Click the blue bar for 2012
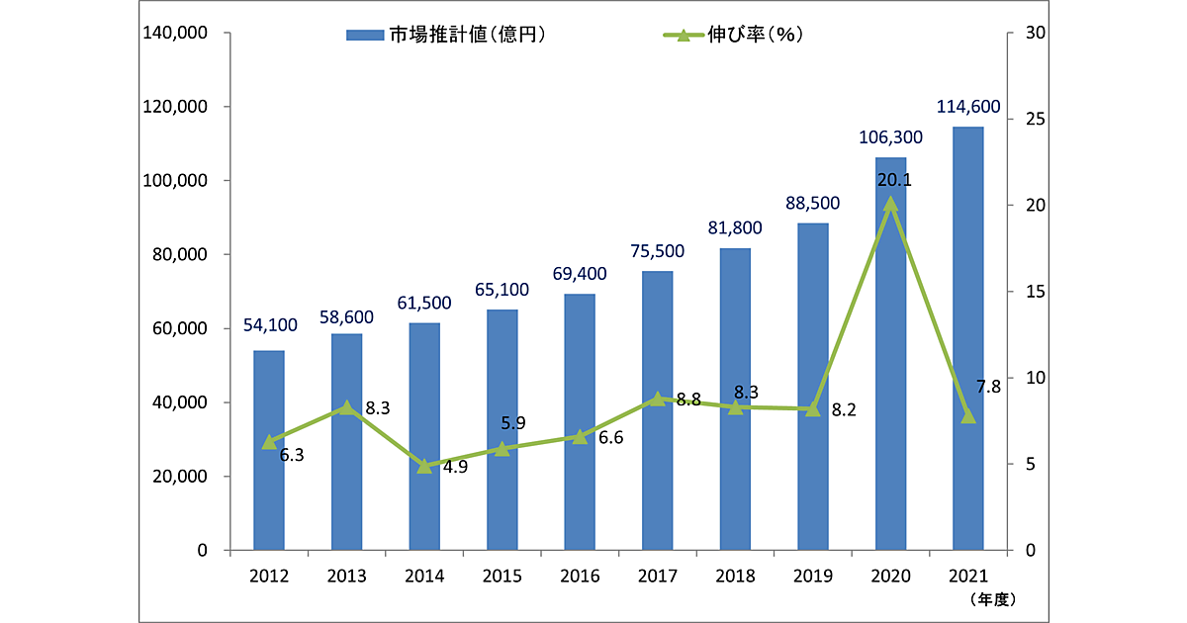tap(269, 450)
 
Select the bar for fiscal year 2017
tap(657, 410)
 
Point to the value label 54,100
tap(269, 327)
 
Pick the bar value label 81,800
tap(733, 227)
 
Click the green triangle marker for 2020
tap(890, 205)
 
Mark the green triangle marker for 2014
tap(424, 466)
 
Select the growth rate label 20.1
tap(893, 180)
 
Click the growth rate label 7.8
tap(989, 387)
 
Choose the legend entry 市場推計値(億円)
tap(446, 35)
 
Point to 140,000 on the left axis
tap(175, 34)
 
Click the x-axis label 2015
tap(502, 577)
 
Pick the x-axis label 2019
tap(812, 577)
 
